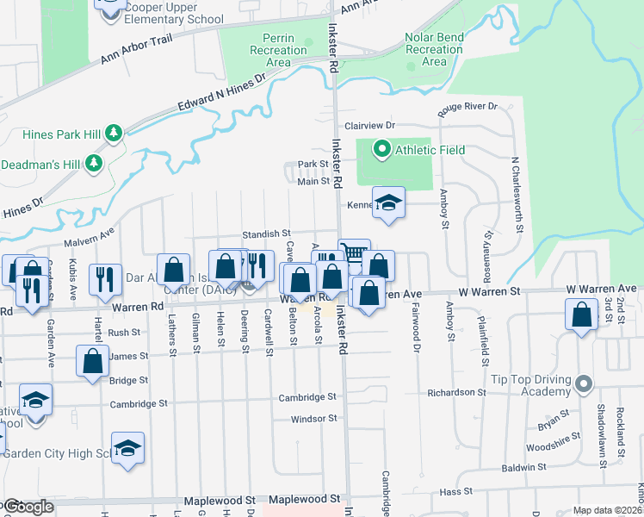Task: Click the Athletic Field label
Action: pyautogui.click(x=430, y=150)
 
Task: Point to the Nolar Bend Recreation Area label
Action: pyautogui.click(x=434, y=50)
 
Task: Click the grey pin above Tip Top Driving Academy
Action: pyautogui.click(x=585, y=383)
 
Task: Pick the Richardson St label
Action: pyautogui.click(x=456, y=392)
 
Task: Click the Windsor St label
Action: pyautogui.click(x=313, y=419)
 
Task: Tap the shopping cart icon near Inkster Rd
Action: pyautogui.click(x=354, y=253)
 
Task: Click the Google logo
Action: pyautogui.click(x=28, y=507)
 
